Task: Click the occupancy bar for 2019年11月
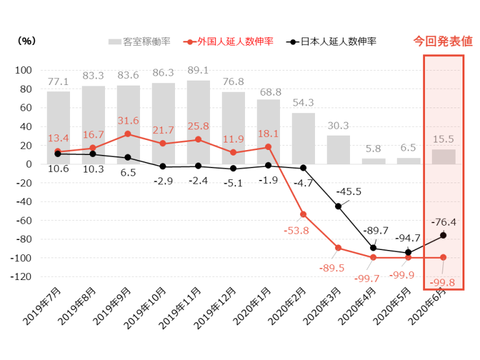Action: pyautogui.click(x=198, y=122)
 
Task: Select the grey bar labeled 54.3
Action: pyautogui.click(x=303, y=138)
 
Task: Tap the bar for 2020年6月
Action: pyautogui.click(x=443, y=156)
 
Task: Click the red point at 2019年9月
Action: pyautogui.click(x=128, y=134)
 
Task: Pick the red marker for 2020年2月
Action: pyautogui.click(x=303, y=214)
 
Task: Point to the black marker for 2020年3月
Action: pyautogui.click(x=338, y=206)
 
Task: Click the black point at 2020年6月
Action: pyautogui.click(x=443, y=235)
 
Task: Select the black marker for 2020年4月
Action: pyautogui.click(x=373, y=248)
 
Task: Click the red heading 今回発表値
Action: pyautogui.click(x=443, y=42)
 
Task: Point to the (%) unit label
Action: pyautogui.click(x=27, y=41)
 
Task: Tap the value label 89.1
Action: pyautogui.click(x=198, y=70)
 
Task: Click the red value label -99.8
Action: pyautogui.click(x=443, y=282)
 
